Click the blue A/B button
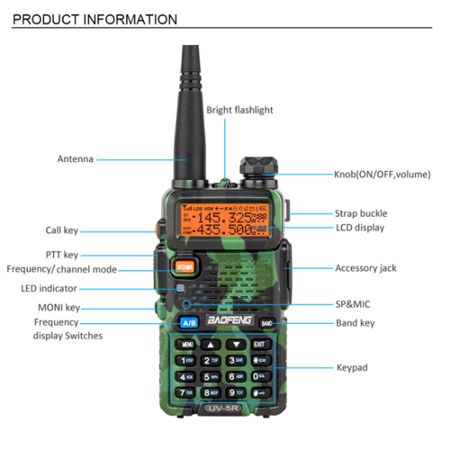tap(190, 323)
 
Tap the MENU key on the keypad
tap(187, 345)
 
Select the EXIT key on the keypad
tap(259, 345)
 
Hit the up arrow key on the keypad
tap(211, 345)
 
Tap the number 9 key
tap(235, 392)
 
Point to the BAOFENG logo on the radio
tap(227, 320)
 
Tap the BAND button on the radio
tap(266, 322)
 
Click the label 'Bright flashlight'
tap(239, 110)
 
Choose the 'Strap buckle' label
tap(361, 213)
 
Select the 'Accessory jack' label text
tap(365, 268)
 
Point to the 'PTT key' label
tap(62, 255)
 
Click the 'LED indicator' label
tap(49, 289)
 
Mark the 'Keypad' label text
tap(352, 367)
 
